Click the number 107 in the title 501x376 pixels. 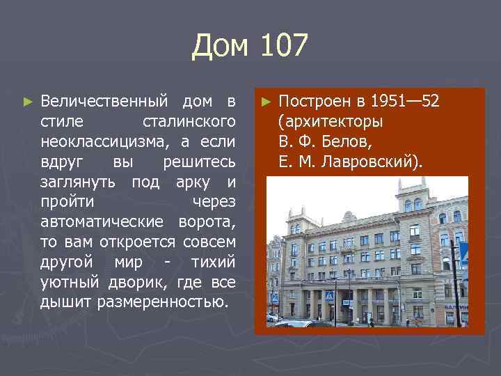coord(283,47)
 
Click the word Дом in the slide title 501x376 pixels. coord(218,47)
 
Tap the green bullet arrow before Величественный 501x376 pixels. coord(27,102)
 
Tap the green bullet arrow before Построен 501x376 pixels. coord(265,102)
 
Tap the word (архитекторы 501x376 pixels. coord(330,122)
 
